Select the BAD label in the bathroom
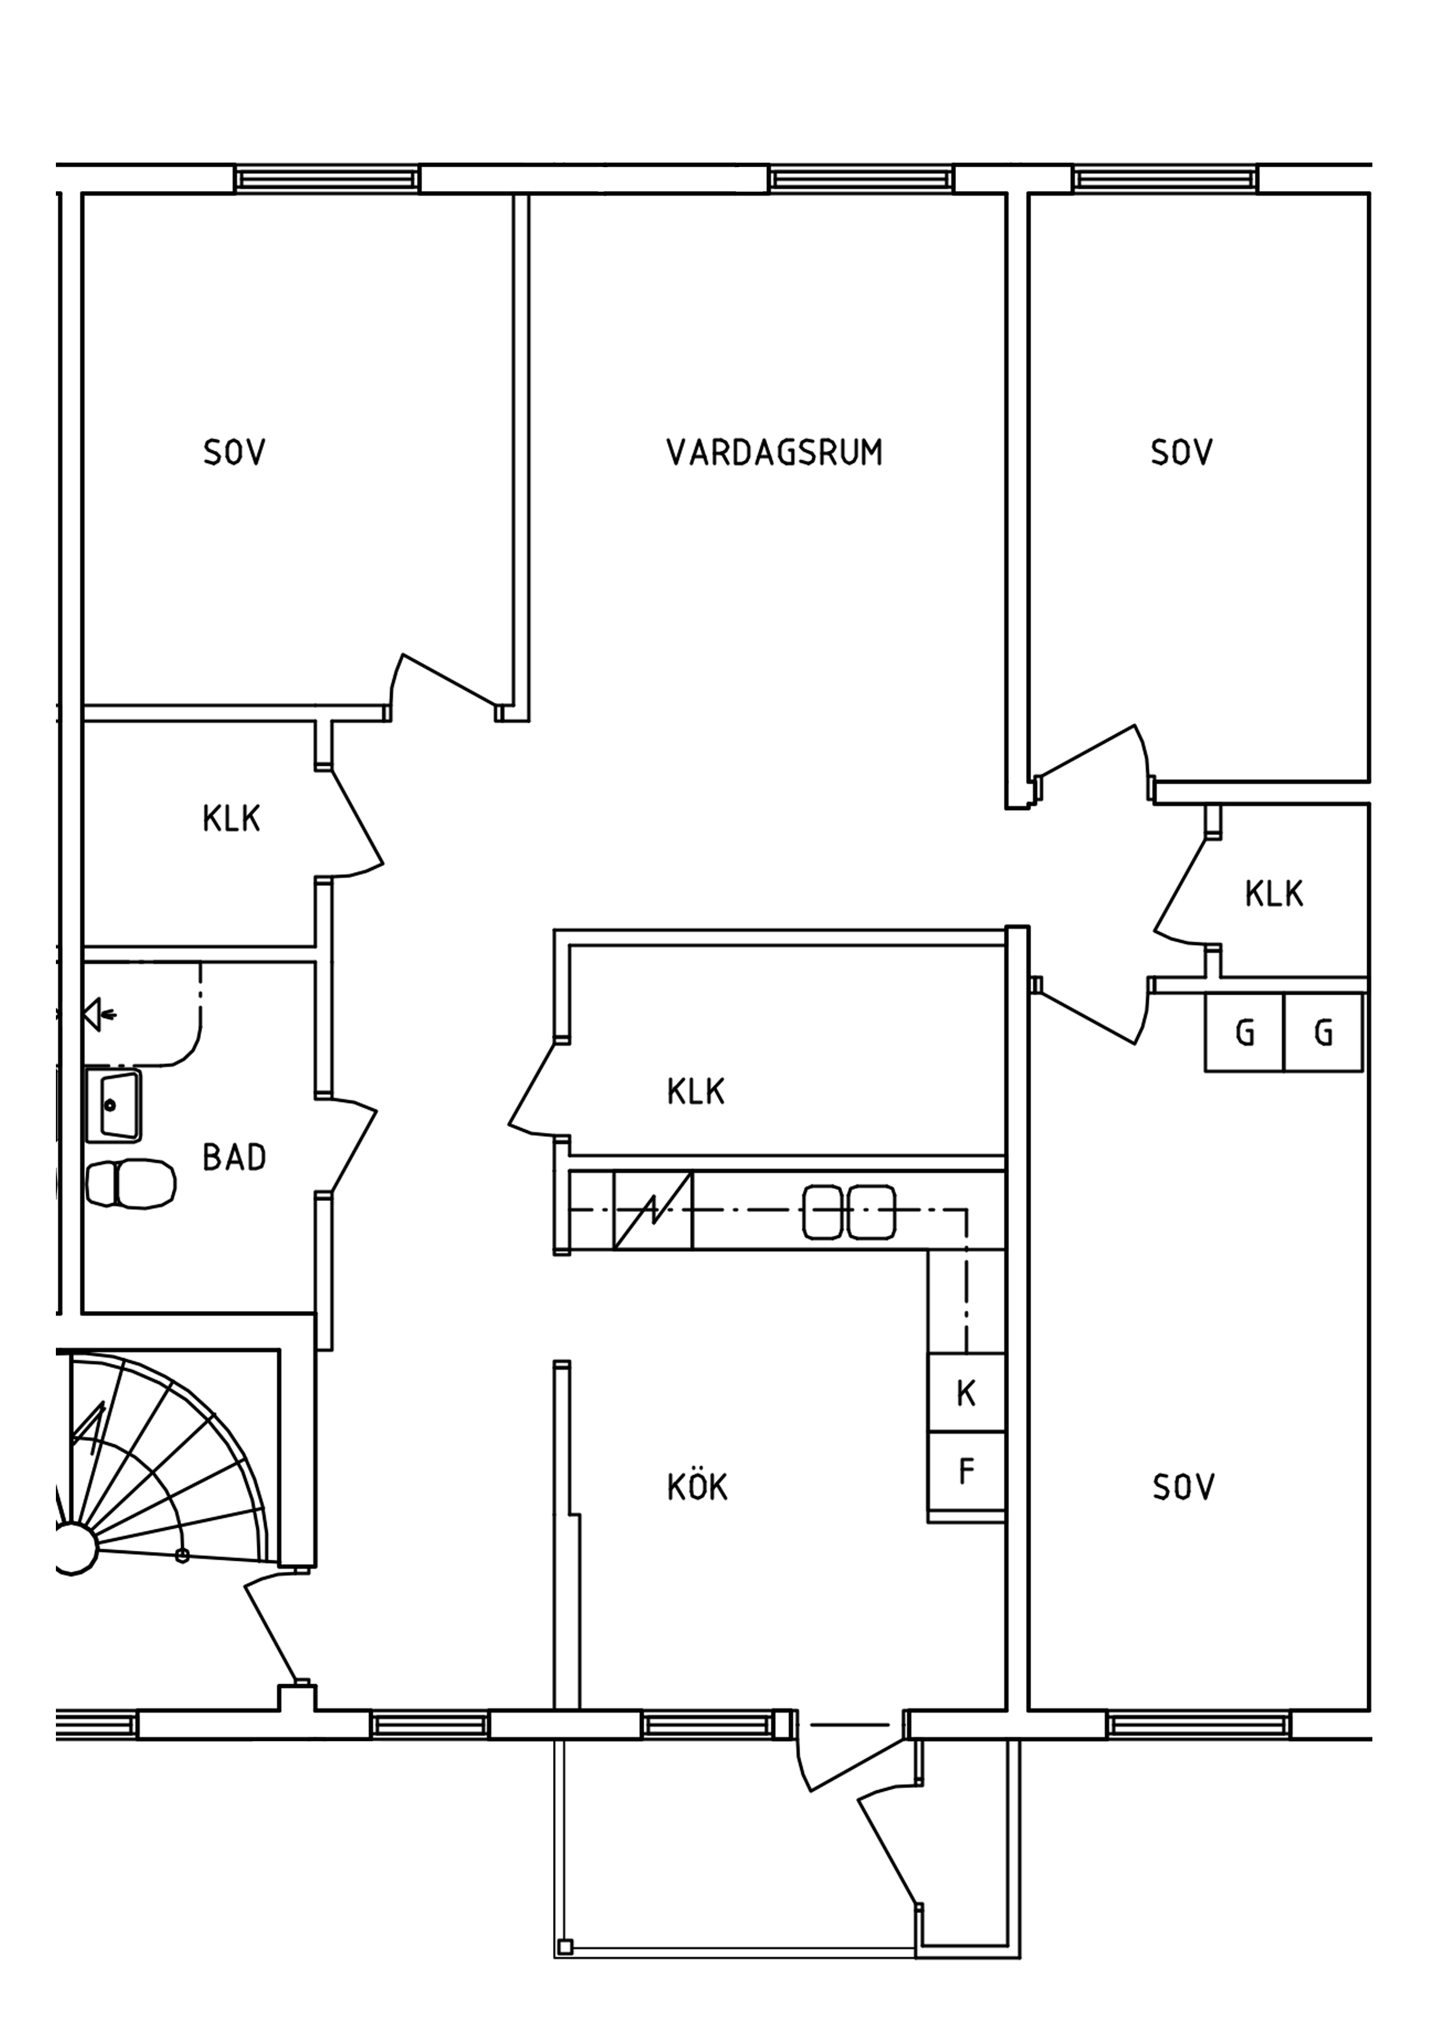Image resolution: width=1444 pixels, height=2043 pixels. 234,1157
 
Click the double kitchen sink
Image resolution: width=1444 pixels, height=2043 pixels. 849,1212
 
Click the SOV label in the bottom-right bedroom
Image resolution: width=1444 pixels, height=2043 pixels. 1183,1487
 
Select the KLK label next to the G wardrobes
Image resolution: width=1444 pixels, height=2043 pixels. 1274,893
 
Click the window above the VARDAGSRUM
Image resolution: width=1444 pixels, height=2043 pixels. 861,179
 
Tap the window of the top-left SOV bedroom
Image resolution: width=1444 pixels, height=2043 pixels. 327,179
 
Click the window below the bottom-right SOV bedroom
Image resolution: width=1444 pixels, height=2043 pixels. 1199,1726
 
